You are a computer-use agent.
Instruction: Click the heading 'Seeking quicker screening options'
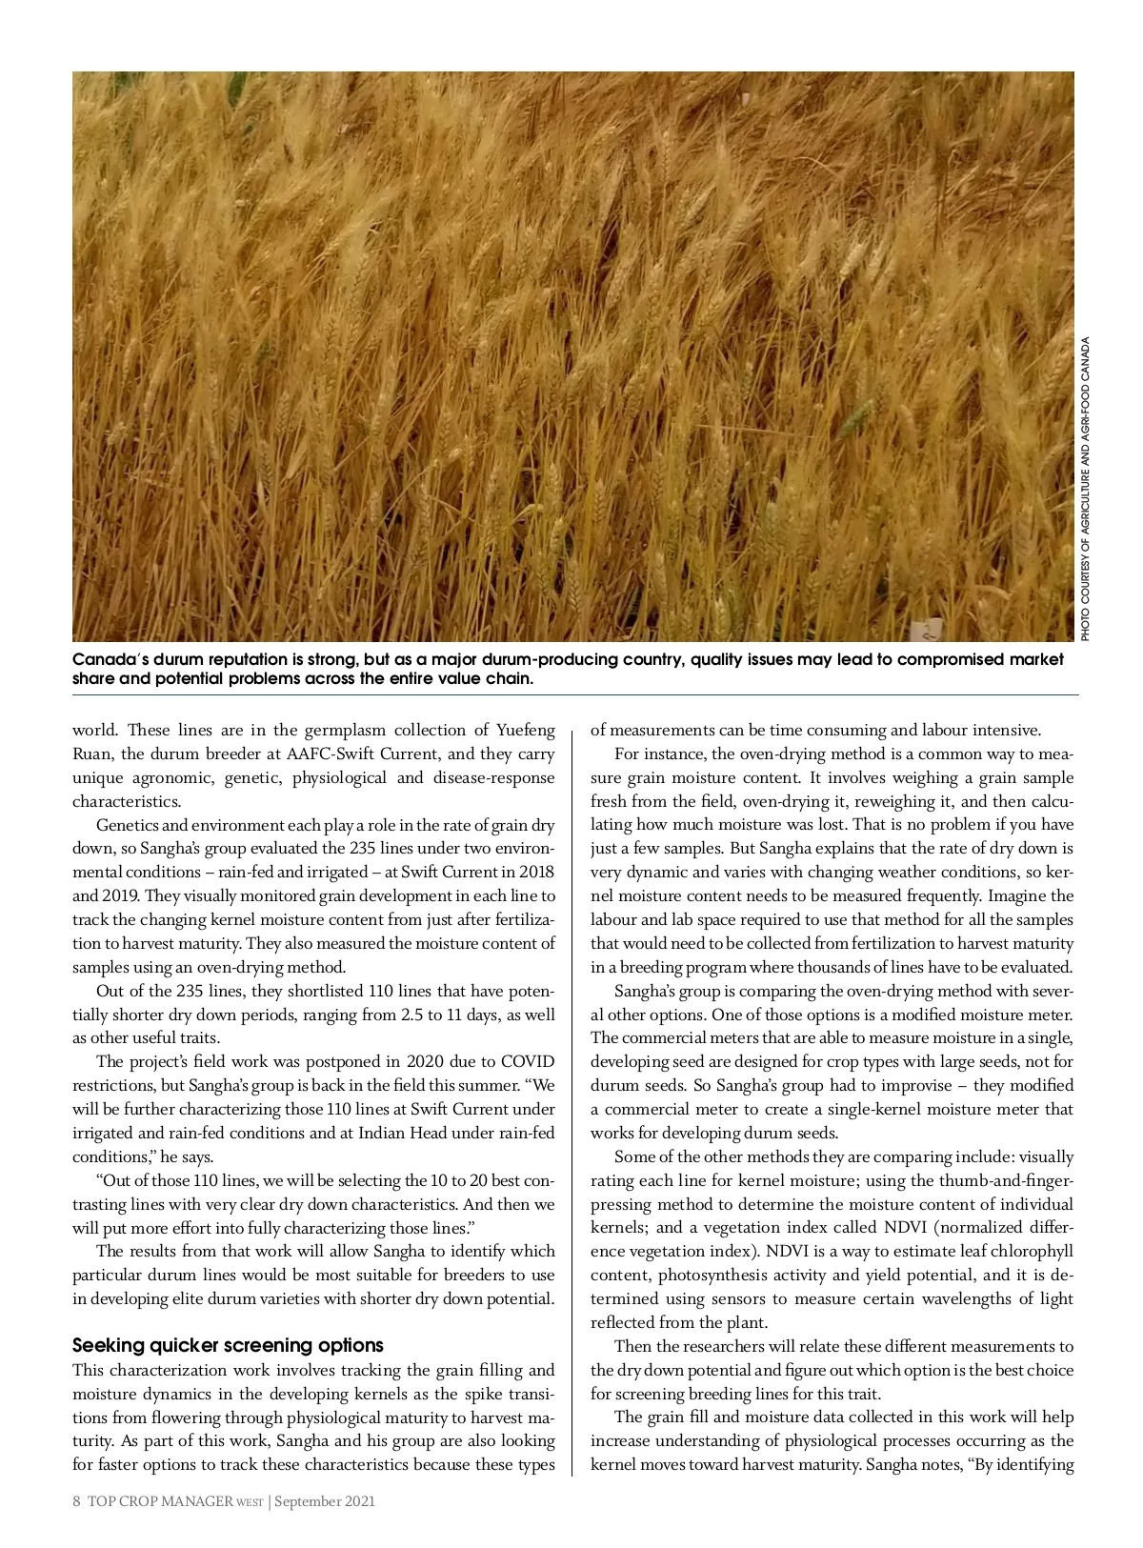[228, 1345]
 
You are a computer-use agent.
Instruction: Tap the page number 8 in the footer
[76, 1501]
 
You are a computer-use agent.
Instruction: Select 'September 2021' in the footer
[326, 1501]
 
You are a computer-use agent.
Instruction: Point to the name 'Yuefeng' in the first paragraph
[526, 731]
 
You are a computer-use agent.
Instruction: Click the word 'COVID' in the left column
[527, 1061]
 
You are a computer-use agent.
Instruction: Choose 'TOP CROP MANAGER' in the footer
[159, 1501]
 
